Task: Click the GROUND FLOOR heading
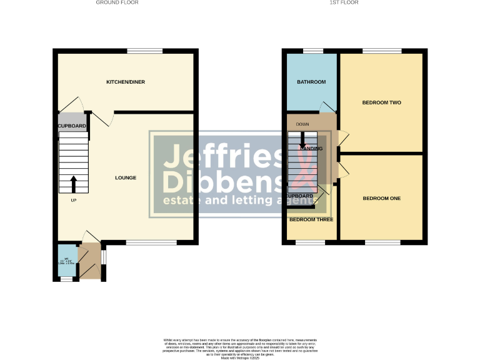coord(117,2)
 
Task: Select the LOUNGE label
coord(125,177)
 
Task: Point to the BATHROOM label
coord(311,82)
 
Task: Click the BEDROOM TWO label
coord(381,102)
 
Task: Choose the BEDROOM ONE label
coord(381,198)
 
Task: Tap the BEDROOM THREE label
coord(311,219)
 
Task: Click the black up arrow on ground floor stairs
coord(73,184)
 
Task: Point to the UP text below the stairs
coord(73,200)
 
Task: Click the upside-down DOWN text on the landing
coord(303,125)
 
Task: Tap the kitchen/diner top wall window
coord(145,51)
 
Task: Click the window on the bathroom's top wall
coord(313,51)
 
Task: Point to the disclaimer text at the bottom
coord(239,345)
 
